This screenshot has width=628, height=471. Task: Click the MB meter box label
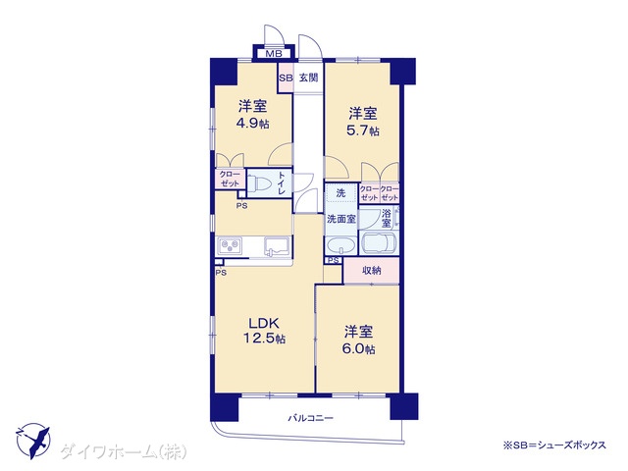[x=274, y=53]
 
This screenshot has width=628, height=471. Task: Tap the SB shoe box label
[x=286, y=78]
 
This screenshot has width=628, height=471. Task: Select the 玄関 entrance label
[x=309, y=78]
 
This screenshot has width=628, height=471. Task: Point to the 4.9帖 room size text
[x=252, y=124]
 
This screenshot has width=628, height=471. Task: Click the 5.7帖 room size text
[x=362, y=131]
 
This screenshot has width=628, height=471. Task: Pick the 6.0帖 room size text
[x=358, y=348]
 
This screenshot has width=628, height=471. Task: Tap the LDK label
[x=264, y=323]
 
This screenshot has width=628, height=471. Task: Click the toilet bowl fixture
[x=260, y=184]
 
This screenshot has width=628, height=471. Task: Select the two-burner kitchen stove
[x=230, y=245]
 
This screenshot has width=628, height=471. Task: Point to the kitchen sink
[x=277, y=246]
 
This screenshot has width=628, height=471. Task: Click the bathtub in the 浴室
[x=379, y=243]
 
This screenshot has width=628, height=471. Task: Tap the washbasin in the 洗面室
[x=340, y=245]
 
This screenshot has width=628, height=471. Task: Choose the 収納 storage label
[x=371, y=271]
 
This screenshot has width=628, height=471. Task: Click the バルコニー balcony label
[x=311, y=419]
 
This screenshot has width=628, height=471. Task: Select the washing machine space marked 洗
[x=340, y=193]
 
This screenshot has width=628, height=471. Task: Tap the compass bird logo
[x=32, y=441]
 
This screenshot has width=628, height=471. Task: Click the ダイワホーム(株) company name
[x=124, y=452]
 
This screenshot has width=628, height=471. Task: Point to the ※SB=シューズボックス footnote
[x=554, y=445]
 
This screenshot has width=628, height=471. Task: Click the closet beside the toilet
[x=230, y=179]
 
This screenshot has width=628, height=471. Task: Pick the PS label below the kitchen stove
[x=221, y=273]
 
